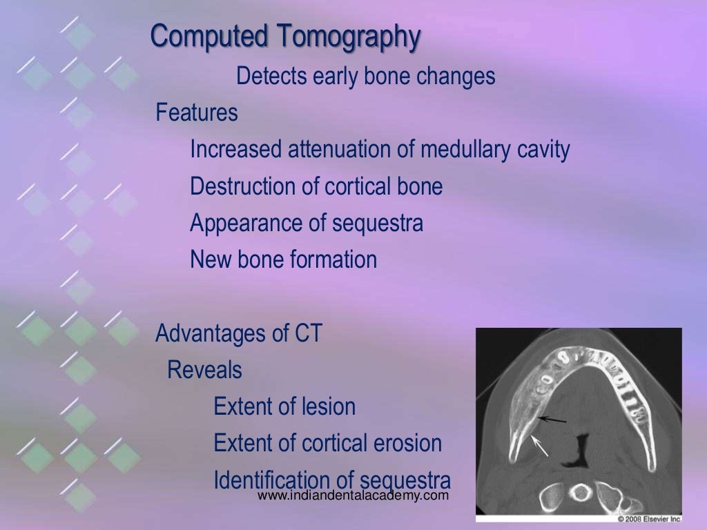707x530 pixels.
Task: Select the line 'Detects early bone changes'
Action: [365, 77]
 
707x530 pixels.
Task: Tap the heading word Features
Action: [197, 112]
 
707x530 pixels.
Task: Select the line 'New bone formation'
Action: [283, 260]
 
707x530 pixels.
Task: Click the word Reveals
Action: [204, 371]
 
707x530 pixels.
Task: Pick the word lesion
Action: [329, 407]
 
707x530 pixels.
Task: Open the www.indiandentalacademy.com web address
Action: [353, 496]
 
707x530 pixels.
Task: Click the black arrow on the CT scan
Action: [552, 419]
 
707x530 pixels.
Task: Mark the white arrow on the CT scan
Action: [540, 446]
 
